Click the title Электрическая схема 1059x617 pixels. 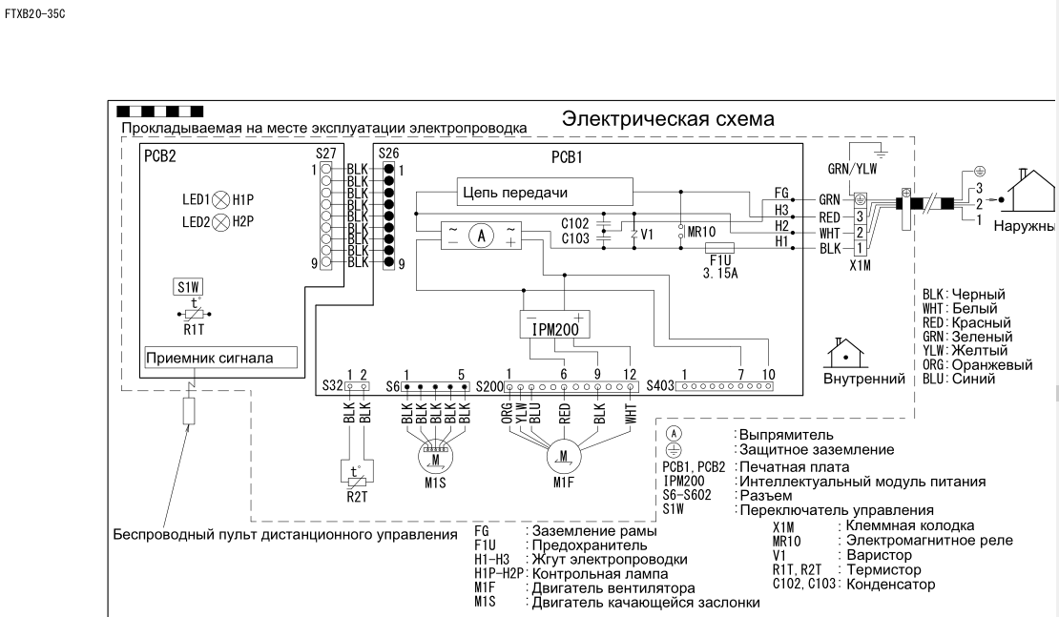668,119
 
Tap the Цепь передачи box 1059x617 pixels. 546,192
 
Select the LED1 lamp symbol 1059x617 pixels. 220,200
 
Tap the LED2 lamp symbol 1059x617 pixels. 220,223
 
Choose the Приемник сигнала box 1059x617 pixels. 219,359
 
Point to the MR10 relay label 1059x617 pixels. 701,231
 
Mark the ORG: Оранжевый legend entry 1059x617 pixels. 964,364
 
